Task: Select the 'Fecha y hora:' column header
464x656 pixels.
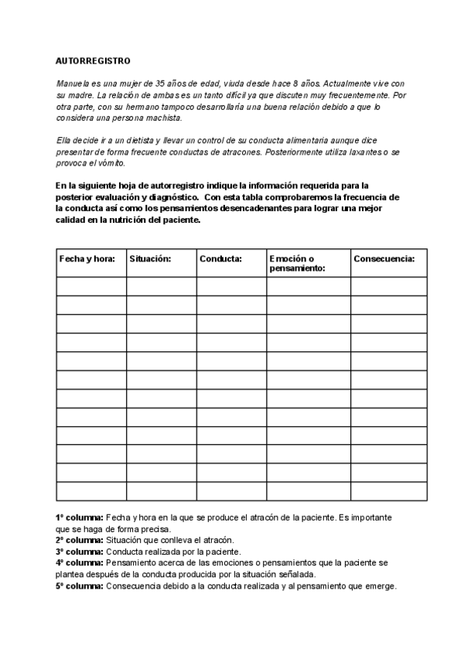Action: click(87, 259)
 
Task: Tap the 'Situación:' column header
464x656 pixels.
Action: click(150, 259)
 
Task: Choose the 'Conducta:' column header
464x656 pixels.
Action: click(220, 259)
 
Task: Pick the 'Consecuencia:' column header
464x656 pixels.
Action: click(384, 259)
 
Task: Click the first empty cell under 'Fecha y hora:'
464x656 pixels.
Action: click(90, 286)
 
